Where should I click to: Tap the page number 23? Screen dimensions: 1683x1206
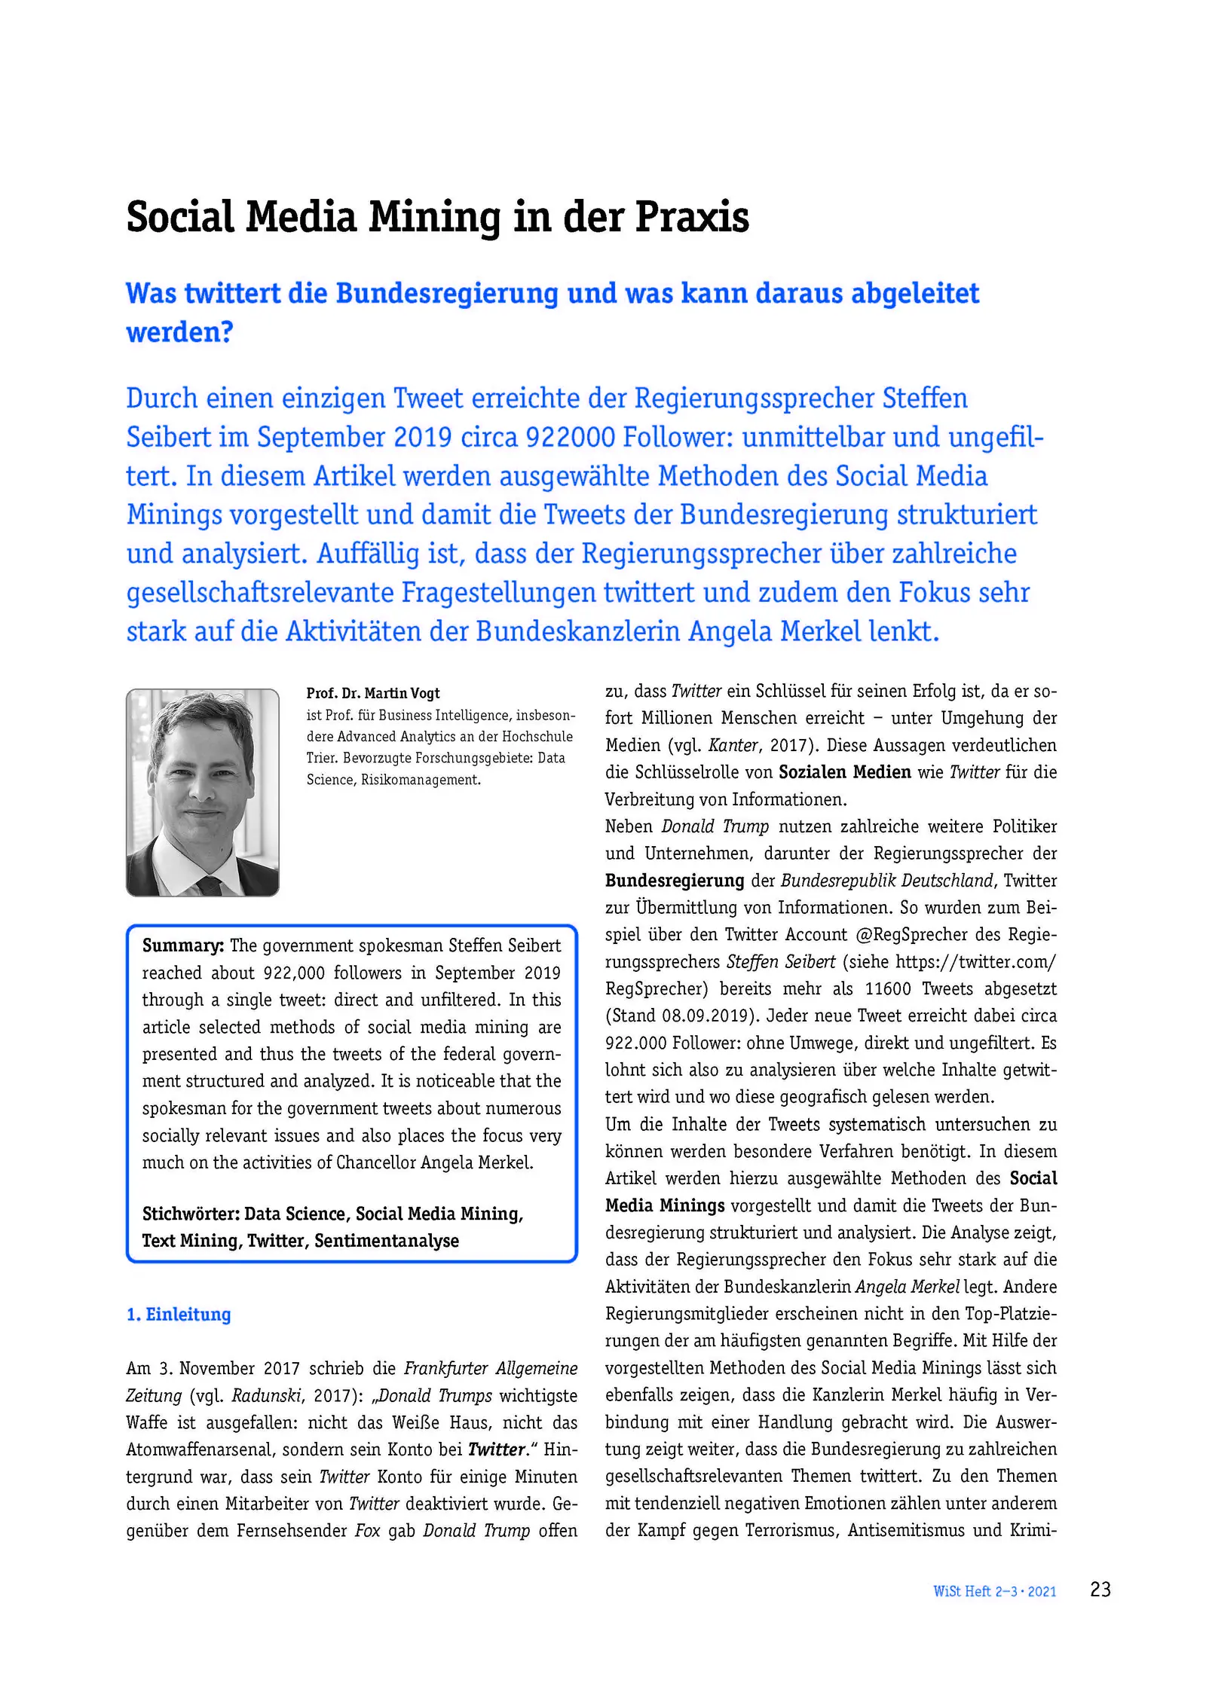[1100, 1589]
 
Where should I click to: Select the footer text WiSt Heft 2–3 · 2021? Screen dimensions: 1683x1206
[994, 1591]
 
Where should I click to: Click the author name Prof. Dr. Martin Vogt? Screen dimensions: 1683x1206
[372, 693]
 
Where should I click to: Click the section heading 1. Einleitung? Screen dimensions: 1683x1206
[179, 1315]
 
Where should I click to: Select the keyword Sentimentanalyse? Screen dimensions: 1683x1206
[386, 1241]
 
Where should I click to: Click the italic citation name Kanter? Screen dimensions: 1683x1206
[733, 745]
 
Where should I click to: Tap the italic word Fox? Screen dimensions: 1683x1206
[368, 1530]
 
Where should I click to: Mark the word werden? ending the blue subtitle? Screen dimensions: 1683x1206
[179, 332]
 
